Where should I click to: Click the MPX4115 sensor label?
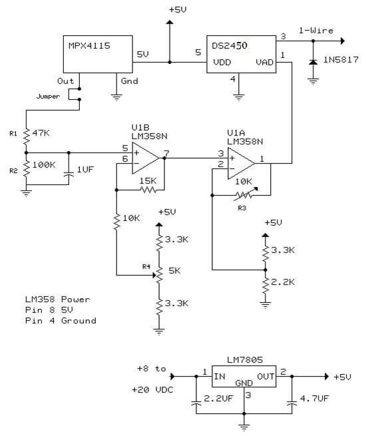pyautogui.click(x=89, y=46)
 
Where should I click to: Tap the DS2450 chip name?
pyautogui.click(x=230, y=46)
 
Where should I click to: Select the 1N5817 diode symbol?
pyautogui.click(x=313, y=62)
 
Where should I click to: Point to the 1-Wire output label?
pyautogui.click(x=316, y=31)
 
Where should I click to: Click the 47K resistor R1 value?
pyautogui.click(x=41, y=133)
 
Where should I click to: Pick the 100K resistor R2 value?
pyautogui.click(x=44, y=164)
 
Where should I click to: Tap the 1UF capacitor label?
pyautogui.click(x=85, y=169)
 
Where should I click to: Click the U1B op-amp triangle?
pyautogui.click(x=146, y=158)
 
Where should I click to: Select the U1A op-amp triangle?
pyautogui.click(x=241, y=164)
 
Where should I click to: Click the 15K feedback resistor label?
pyautogui.click(x=148, y=181)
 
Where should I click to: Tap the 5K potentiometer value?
pyautogui.click(x=174, y=270)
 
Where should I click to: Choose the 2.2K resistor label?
pyautogui.click(x=283, y=282)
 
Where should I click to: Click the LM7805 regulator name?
pyautogui.click(x=245, y=360)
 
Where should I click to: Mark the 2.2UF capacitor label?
pyautogui.click(x=218, y=399)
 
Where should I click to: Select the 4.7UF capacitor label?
pyautogui.click(x=314, y=399)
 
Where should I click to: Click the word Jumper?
pyautogui.click(x=48, y=97)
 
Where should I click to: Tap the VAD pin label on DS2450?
pyautogui.click(x=265, y=62)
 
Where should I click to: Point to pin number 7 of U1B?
pyautogui.click(x=166, y=153)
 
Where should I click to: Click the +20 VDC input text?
pyautogui.click(x=152, y=390)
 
